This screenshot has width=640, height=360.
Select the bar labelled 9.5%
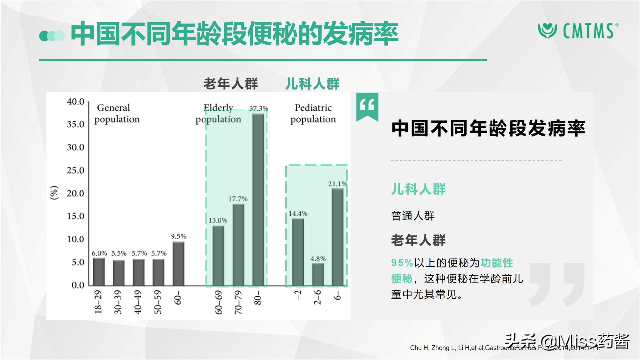click(x=178, y=263)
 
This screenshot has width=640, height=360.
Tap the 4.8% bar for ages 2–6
click(x=318, y=274)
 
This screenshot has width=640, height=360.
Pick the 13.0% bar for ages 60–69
click(x=218, y=256)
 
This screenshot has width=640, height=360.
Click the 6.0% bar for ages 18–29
click(x=99, y=271)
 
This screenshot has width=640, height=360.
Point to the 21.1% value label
click(x=337, y=184)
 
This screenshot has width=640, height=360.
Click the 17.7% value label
click(x=238, y=199)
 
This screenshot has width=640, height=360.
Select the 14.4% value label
click(x=298, y=214)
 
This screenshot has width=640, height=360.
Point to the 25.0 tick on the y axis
click(x=75, y=170)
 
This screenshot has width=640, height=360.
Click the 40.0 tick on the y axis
click(x=75, y=102)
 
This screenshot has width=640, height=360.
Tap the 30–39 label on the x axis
click(x=118, y=302)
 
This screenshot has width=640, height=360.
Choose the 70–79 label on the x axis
click(x=238, y=302)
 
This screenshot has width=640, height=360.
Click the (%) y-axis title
click(x=54, y=193)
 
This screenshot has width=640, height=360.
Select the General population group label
click(x=117, y=113)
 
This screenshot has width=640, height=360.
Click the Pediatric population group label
click(x=313, y=113)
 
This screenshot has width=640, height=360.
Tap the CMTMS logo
click(x=578, y=31)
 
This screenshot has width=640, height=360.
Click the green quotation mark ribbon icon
click(x=367, y=106)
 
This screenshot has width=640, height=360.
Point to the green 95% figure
click(x=402, y=263)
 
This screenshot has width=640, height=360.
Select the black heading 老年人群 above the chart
click(x=231, y=84)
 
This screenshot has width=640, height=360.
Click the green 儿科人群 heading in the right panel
click(x=418, y=189)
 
